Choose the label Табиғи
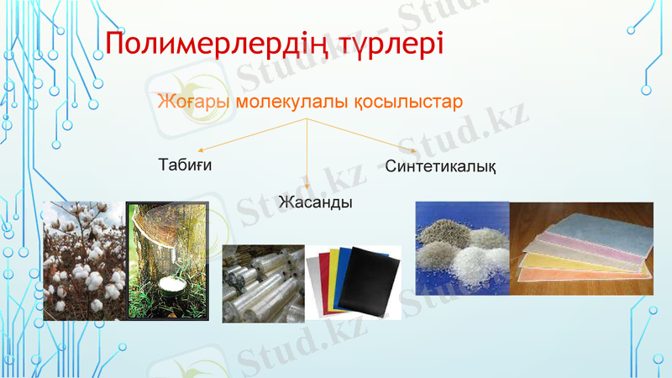click(x=185, y=164)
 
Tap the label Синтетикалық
click(x=440, y=165)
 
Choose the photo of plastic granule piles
click(x=462, y=248)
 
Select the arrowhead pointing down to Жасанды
click(x=307, y=186)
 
